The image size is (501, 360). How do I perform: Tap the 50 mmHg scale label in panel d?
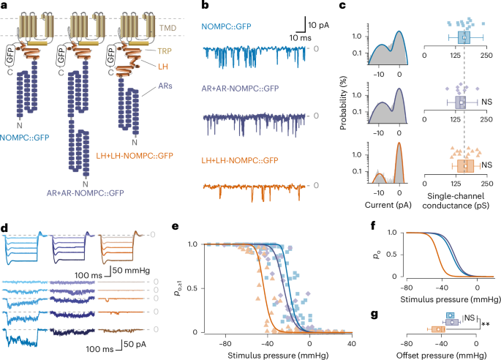coord(132,271)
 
